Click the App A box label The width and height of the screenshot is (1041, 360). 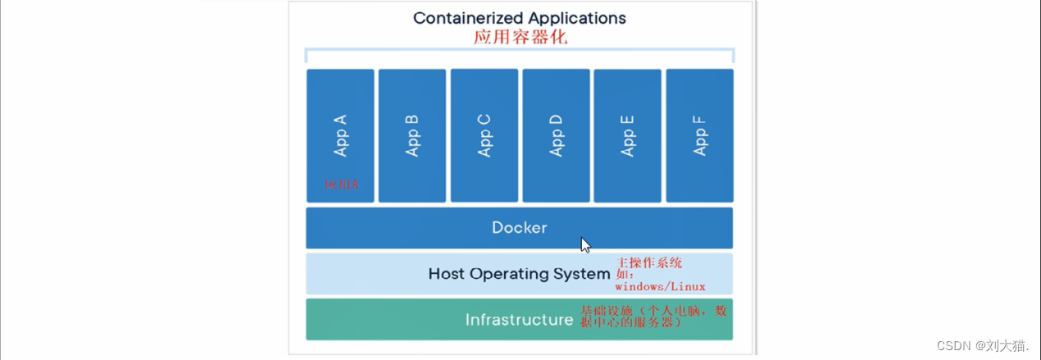coord(341,135)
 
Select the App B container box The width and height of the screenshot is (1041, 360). coord(412,135)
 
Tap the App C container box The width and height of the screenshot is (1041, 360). coord(484,135)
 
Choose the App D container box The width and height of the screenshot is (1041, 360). coord(556,135)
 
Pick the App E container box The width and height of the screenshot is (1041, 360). coord(627,135)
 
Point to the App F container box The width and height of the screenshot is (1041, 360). coord(699,135)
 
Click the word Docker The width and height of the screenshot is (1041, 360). coord(519,228)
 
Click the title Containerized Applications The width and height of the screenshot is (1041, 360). coord(519,18)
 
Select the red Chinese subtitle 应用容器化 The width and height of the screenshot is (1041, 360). coord(520,38)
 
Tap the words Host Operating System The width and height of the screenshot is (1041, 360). coord(519,274)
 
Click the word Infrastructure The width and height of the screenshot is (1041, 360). coord(519,320)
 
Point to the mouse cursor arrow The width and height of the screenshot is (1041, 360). coord(585,244)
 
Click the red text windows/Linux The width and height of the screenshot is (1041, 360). coord(661,287)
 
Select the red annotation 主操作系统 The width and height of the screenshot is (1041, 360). coord(649,262)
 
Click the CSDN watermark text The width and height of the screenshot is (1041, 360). coord(983,346)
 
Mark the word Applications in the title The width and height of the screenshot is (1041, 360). coord(578,18)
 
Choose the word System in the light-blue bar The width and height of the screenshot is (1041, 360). coord(584,274)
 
